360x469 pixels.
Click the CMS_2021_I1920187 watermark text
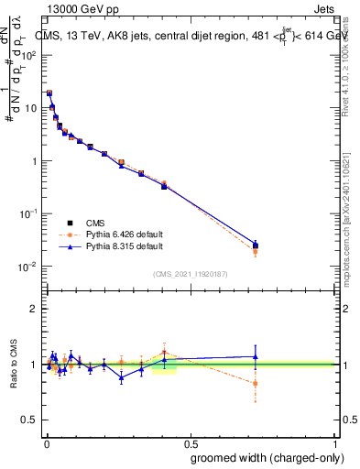191,273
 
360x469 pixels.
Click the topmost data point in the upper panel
49,93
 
